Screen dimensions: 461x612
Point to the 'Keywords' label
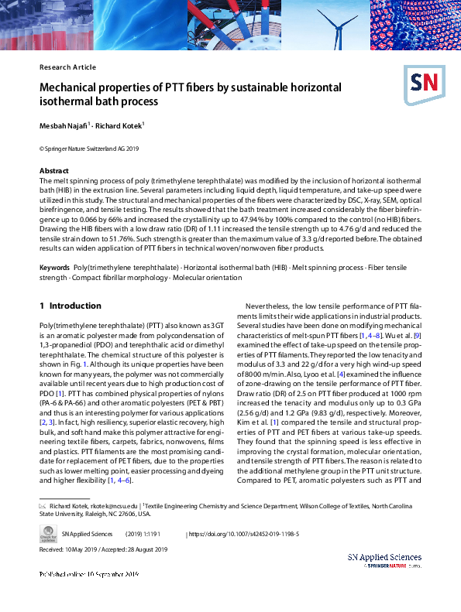click(x=55, y=268)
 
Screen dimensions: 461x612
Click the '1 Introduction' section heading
click(x=70, y=306)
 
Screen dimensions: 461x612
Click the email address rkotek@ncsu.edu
click(x=114, y=504)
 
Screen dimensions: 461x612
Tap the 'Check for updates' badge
click(x=47, y=533)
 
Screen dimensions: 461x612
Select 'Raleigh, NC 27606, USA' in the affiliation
click(x=112, y=513)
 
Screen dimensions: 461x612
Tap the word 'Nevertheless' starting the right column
click(x=268, y=306)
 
